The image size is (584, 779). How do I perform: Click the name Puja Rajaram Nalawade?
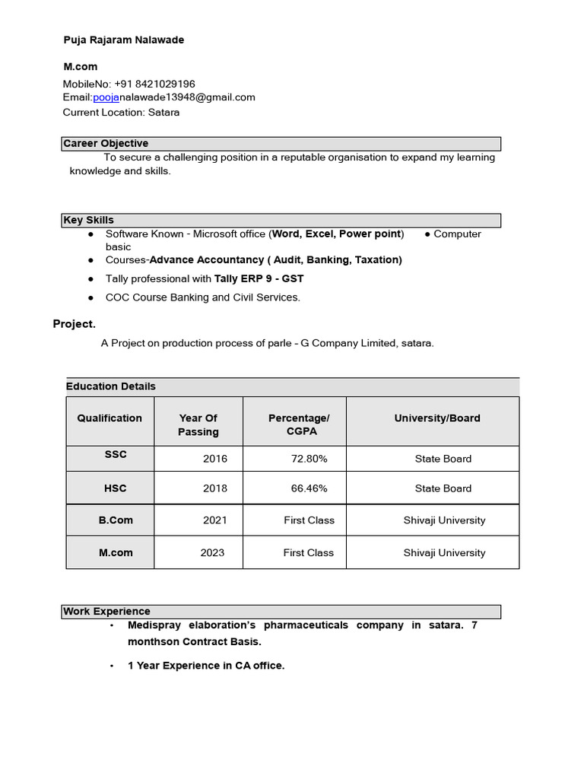click(x=123, y=40)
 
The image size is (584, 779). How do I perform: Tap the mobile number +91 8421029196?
click(x=154, y=84)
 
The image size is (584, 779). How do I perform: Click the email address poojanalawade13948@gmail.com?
click(x=174, y=97)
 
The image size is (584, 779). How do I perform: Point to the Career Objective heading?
click(x=106, y=144)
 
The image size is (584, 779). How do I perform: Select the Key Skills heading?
click(x=89, y=221)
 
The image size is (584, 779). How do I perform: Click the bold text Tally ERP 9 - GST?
click(x=259, y=278)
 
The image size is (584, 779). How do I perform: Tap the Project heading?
click(x=75, y=324)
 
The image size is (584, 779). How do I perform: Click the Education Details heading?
click(x=111, y=386)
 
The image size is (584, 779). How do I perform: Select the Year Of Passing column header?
click(x=198, y=424)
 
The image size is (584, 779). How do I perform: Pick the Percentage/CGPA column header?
click(x=299, y=424)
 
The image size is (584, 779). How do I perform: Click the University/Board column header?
click(x=437, y=418)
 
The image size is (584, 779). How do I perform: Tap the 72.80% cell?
click(x=309, y=459)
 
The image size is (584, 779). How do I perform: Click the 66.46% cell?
click(x=309, y=488)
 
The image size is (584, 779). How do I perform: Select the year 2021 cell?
click(x=214, y=520)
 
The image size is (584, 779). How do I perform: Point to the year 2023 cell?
click(x=212, y=553)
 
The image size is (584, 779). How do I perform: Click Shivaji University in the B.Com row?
click(x=444, y=520)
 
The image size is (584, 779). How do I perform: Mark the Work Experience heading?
click(x=107, y=612)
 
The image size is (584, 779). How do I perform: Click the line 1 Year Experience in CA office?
click(x=206, y=666)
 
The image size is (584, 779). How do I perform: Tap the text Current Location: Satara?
click(x=122, y=112)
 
